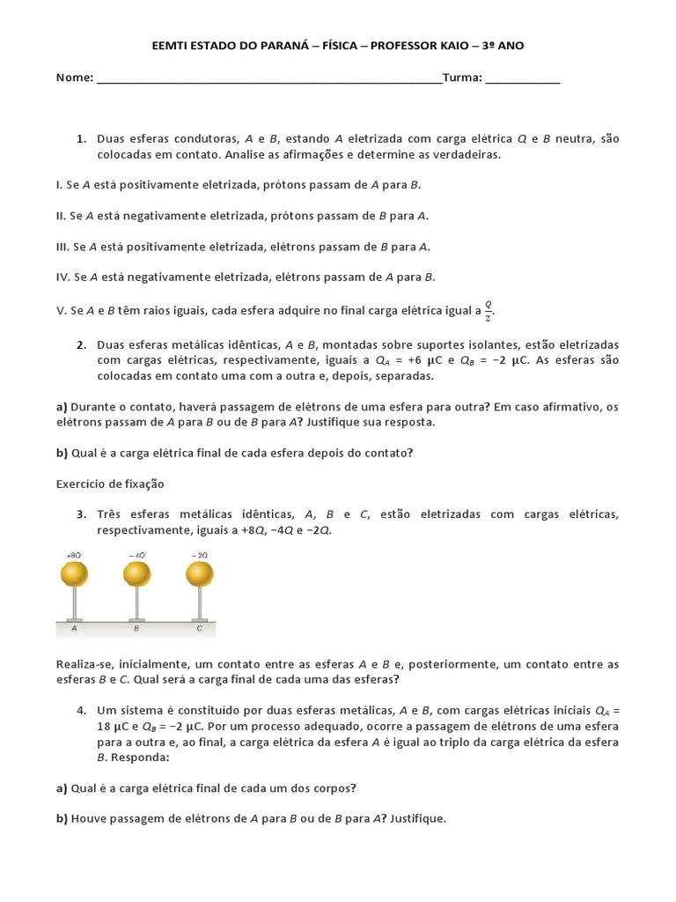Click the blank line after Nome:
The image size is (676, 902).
[x=269, y=78]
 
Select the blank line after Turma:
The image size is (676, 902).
[x=522, y=78]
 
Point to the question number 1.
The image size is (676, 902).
[x=81, y=139]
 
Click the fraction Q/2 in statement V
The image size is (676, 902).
[x=489, y=309]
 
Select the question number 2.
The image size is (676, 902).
[x=81, y=344]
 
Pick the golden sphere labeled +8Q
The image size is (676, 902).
[x=74, y=574]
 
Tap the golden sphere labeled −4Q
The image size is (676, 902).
[x=136, y=574]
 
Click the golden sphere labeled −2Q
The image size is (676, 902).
[x=200, y=574]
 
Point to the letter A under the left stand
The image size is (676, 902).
[x=74, y=629]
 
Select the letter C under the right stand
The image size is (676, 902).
[x=200, y=629]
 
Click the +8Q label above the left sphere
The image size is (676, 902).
[x=74, y=555]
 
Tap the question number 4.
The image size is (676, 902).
[x=81, y=710]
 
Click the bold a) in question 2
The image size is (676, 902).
[x=62, y=406]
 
